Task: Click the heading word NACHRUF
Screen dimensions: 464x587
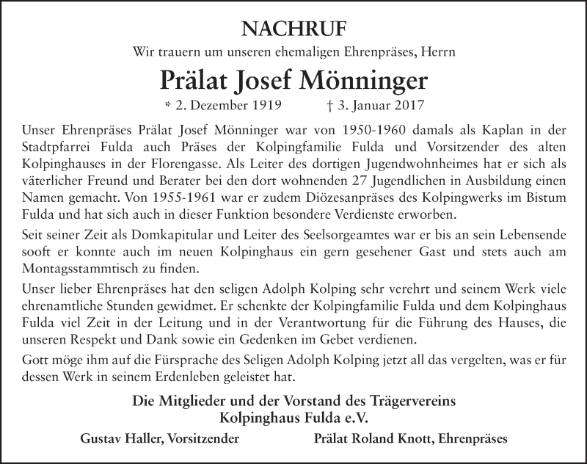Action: pyautogui.click(x=293, y=29)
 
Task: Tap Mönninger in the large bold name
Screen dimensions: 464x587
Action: pyautogui.click(x=364, y=79)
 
